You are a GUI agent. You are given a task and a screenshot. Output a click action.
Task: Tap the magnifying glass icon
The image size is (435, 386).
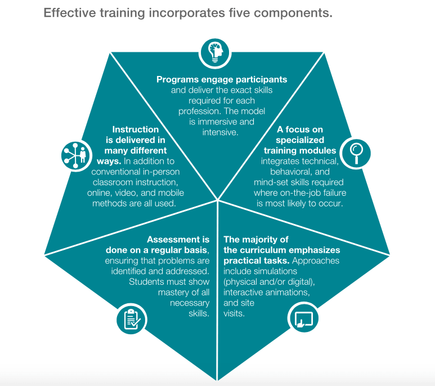tap(357, 151)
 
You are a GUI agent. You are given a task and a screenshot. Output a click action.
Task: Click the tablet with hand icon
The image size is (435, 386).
tap(303, 318)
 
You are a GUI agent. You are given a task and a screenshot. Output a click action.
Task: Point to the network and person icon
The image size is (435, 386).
tap(75, 154)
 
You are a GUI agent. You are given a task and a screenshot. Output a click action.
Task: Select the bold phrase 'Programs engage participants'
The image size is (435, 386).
tap(222, 79)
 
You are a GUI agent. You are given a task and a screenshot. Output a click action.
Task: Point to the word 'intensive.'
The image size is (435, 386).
tap(221, 132)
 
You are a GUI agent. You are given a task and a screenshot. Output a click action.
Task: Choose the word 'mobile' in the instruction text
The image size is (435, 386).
tap(172, 193)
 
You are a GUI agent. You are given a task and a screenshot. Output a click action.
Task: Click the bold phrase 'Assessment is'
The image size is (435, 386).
tap(178, 239)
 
